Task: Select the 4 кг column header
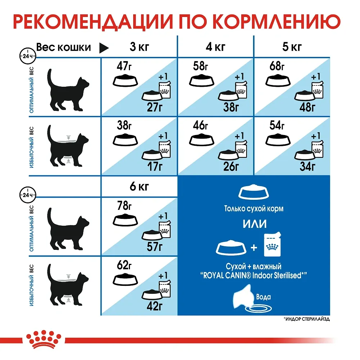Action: click(x=215, y=47)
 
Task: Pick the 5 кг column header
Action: click(x=292, y=47)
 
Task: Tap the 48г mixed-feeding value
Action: click(x=308, y=107)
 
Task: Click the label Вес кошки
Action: click(x=64, y=47)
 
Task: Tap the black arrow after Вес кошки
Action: click(x=104, y=48)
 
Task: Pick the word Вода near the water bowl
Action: click(x=264, y=297)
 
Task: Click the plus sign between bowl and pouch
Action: click(x=254, y=248)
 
